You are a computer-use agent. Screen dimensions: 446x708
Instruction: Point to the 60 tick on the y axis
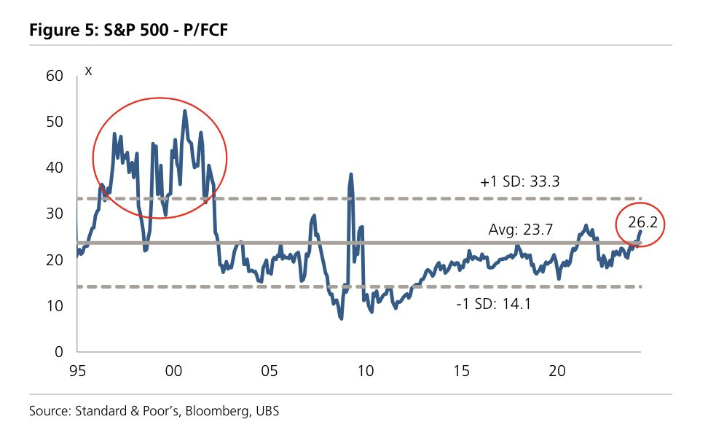[56, 76]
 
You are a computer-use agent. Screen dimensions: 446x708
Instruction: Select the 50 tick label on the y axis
[56, 122]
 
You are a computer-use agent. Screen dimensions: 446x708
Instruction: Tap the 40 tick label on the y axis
[56, 168]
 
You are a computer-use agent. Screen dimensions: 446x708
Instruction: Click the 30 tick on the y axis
[56, 214]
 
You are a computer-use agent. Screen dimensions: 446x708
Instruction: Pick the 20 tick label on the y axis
[56, 259]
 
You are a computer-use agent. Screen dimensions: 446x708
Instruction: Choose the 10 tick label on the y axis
[56, 306]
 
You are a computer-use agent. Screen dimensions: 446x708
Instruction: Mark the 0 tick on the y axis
[60, 352]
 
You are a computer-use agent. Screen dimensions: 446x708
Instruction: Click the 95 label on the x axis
[77, 371]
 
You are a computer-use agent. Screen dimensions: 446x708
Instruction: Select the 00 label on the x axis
[173, 371]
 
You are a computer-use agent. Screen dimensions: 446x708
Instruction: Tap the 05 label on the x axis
[269, 371]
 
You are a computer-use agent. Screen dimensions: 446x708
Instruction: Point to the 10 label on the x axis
[365, 371]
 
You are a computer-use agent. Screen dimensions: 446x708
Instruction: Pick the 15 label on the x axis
[461, 371]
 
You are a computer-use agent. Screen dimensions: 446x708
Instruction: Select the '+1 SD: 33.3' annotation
[520, 183]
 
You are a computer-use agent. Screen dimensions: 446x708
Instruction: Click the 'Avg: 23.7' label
[522, 230]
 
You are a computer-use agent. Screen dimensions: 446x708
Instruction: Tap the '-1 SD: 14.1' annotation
[492, 304]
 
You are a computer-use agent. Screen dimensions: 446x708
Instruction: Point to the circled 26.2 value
[642, 224]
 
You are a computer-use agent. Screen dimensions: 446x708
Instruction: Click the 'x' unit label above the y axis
[88, 71]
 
